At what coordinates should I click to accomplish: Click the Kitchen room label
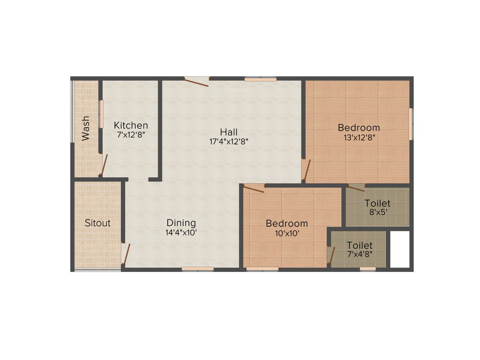point(131,125)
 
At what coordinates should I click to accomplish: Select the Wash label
point(86,129)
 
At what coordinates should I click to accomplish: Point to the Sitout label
point(97,223)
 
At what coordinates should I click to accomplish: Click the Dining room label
point(181,223)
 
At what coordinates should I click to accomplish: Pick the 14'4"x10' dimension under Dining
point(181,232)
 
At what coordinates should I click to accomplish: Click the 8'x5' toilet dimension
point(378,212)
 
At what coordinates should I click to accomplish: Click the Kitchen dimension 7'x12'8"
point(131,135)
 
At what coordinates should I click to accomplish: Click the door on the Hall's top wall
point(196,82)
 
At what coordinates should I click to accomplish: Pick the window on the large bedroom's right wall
point(411,123)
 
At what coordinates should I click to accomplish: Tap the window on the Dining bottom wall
point(198,269)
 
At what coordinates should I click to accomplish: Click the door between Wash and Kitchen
point(104,165)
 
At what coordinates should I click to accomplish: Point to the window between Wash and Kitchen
point(100,113)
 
